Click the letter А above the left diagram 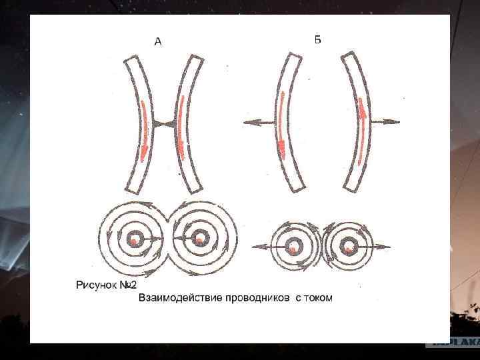(x=158, y=42)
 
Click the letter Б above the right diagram (x=318, y=39)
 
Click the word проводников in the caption (x=254, y=297)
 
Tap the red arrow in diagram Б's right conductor (x=361, y=130)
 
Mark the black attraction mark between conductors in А (x=163, y=124)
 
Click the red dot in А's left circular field (x=135, y=239)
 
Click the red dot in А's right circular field (x=199, y=239)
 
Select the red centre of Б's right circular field (x=348, y=248)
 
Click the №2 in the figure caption (x=127, y=285)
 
